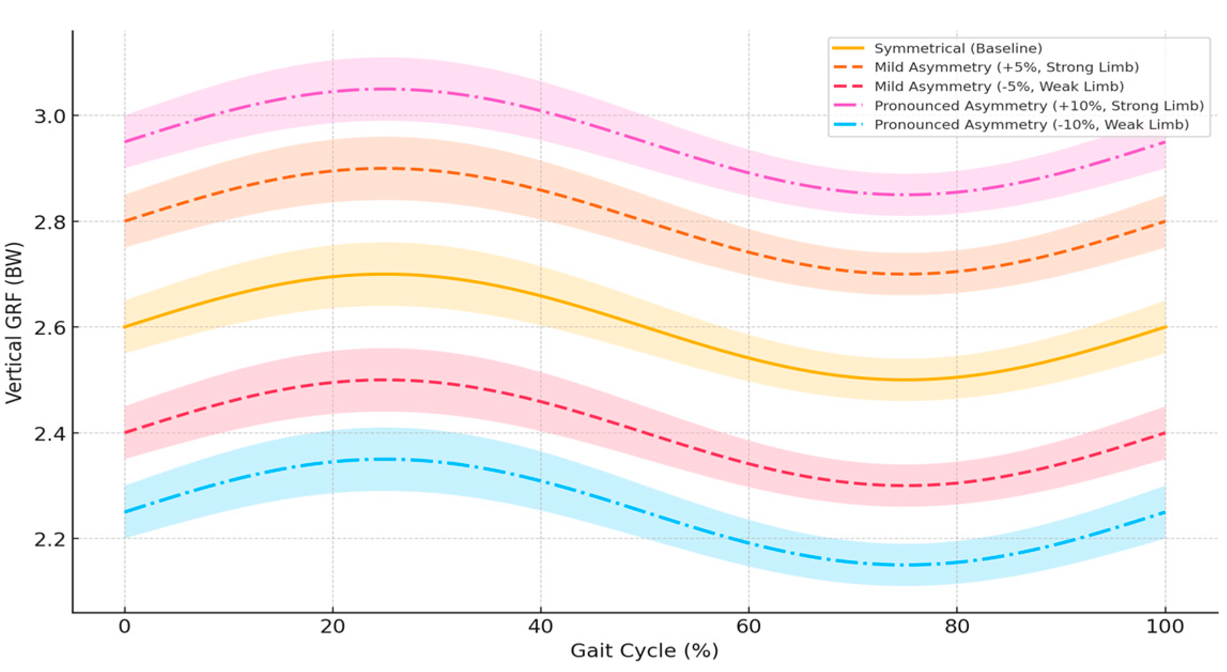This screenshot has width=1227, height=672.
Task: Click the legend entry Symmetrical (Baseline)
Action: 958,49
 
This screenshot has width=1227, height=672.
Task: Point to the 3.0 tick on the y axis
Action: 50,116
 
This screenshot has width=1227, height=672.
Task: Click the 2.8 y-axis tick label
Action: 50,222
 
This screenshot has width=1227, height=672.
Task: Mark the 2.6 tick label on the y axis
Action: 50,327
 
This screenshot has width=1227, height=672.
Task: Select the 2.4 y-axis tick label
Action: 50,433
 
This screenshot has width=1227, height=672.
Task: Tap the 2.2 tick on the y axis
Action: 50,539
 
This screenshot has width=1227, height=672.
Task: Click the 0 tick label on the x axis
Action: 125,627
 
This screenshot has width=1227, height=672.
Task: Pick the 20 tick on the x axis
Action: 333,627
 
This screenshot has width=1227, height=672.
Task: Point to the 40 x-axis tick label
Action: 541,627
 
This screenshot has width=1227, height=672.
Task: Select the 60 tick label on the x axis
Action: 748,627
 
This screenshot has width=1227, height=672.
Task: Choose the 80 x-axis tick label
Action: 956,627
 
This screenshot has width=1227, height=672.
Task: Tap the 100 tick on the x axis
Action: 1164,627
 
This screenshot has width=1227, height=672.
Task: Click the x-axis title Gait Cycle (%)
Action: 644,651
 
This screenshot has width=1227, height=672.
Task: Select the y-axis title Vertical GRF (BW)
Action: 15,323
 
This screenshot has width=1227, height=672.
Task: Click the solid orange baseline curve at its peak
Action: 384,274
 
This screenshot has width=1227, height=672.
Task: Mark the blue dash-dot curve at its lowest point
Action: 905,565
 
